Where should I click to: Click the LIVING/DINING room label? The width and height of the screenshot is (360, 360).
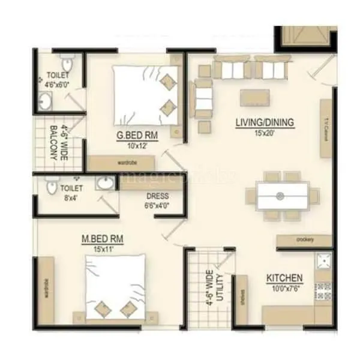pos(264,123)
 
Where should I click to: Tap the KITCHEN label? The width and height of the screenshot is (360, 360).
pos(284,278)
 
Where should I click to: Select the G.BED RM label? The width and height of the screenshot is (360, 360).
pos(137,136)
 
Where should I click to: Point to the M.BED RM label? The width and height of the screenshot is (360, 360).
pos(103,239)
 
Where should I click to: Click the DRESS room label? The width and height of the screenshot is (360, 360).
pos(157,196)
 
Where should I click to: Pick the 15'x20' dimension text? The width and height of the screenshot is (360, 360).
pos(264,133)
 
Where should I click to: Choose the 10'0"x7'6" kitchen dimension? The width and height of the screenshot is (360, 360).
pos(284,289)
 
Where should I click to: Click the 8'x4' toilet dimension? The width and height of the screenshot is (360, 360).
pos(71,197)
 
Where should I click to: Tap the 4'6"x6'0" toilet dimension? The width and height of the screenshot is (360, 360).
pos(57,85)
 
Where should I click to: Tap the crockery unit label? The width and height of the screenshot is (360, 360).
pos(304,239)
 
